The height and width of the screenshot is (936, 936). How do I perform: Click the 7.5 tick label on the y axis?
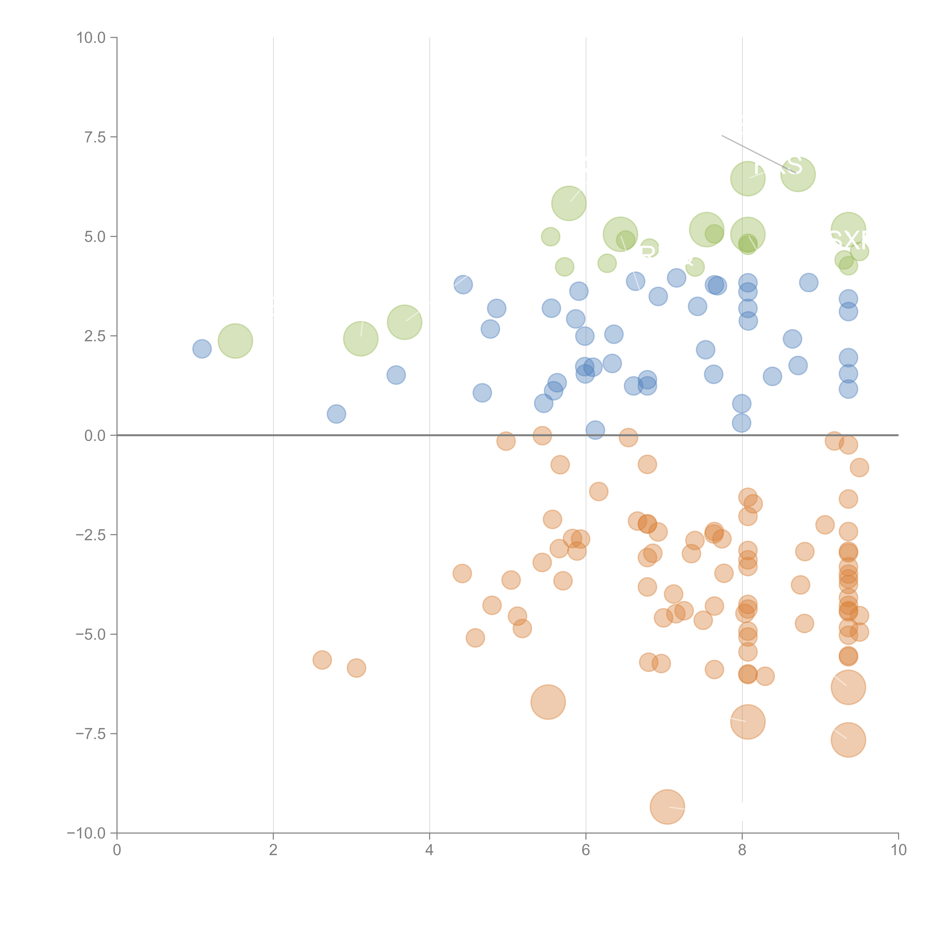(x=95, y=137)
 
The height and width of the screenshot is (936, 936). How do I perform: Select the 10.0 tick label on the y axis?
(x=91, y=38)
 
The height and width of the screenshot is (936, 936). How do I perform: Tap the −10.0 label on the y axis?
(x=86, y=833)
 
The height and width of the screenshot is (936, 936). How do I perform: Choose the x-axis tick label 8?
(x=742, y=850)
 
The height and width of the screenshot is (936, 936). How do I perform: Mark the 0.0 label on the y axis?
(x=95, y=436)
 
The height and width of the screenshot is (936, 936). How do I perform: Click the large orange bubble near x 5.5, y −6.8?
(x=548, y=702)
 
